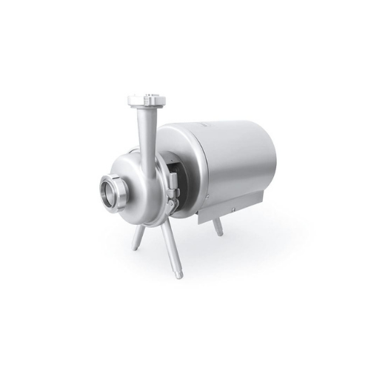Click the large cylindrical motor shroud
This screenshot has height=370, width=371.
click(x=222, y=159)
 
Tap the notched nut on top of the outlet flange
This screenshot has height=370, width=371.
click(x=144, y=97)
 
